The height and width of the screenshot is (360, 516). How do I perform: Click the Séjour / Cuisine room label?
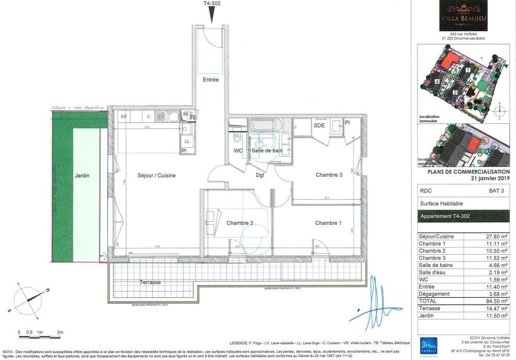click(156, 175)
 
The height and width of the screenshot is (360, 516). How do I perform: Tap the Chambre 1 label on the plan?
click(328, 223)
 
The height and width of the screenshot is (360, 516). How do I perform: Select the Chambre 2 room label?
click(239, 223)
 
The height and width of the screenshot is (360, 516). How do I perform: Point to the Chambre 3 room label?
click(329, 175)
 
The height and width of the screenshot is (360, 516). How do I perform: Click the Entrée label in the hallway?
click(211, 80)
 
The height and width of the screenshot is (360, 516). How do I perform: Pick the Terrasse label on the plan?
click(150, 282)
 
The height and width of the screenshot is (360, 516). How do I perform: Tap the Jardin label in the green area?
click(82, 175)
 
